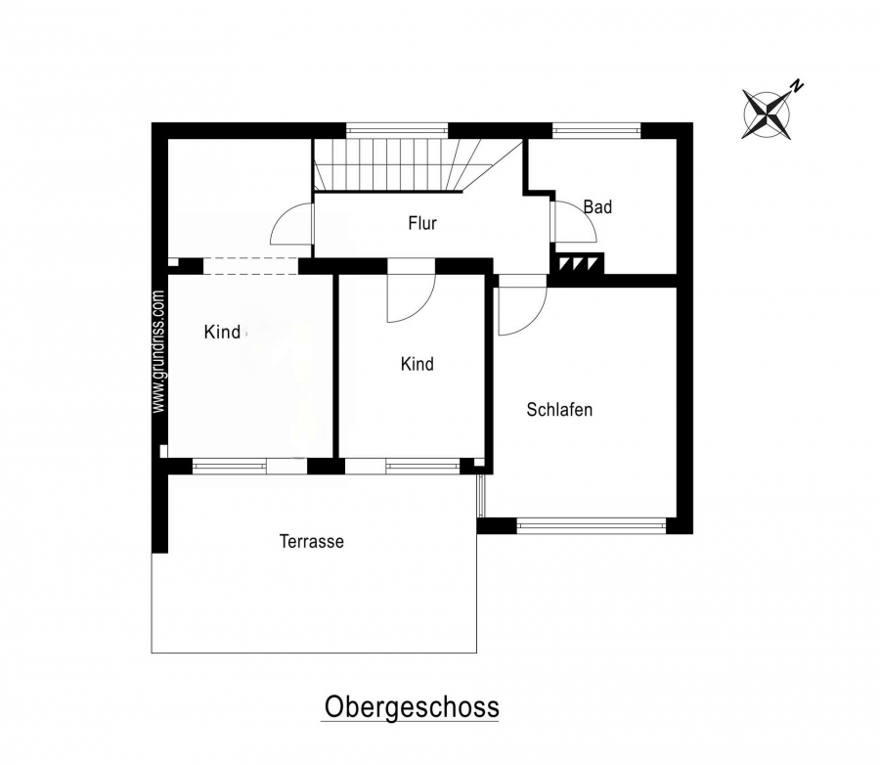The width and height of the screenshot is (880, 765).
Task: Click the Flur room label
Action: click(x=422, y=223)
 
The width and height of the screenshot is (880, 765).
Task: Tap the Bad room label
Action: click(x=597, y=206)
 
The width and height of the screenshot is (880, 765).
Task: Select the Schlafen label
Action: click(x=559, y=410)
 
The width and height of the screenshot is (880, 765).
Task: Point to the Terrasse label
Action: click(x=312, y=541)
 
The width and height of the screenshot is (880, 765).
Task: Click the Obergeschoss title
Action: click(x=412, y=706)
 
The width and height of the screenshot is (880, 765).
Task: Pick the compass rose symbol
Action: click(x=767, y=114)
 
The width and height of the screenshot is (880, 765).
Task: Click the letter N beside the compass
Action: click(x=796, y=86)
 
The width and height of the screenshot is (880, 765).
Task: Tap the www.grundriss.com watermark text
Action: click(x=159, y=351)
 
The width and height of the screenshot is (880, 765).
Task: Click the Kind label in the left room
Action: click(x=222, y=332)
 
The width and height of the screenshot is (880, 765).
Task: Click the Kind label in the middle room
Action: click(x=417, y=364)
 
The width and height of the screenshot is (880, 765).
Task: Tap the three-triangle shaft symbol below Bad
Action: click(x=576, y=263)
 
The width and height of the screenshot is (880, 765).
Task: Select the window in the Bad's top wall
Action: click(x=596, y=131)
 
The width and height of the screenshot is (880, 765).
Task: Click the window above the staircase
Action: click(x=397, y=131)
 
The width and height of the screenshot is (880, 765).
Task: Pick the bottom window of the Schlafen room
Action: click(x=591, y=526)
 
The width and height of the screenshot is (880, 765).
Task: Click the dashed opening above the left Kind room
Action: click(x=250, y=266)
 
